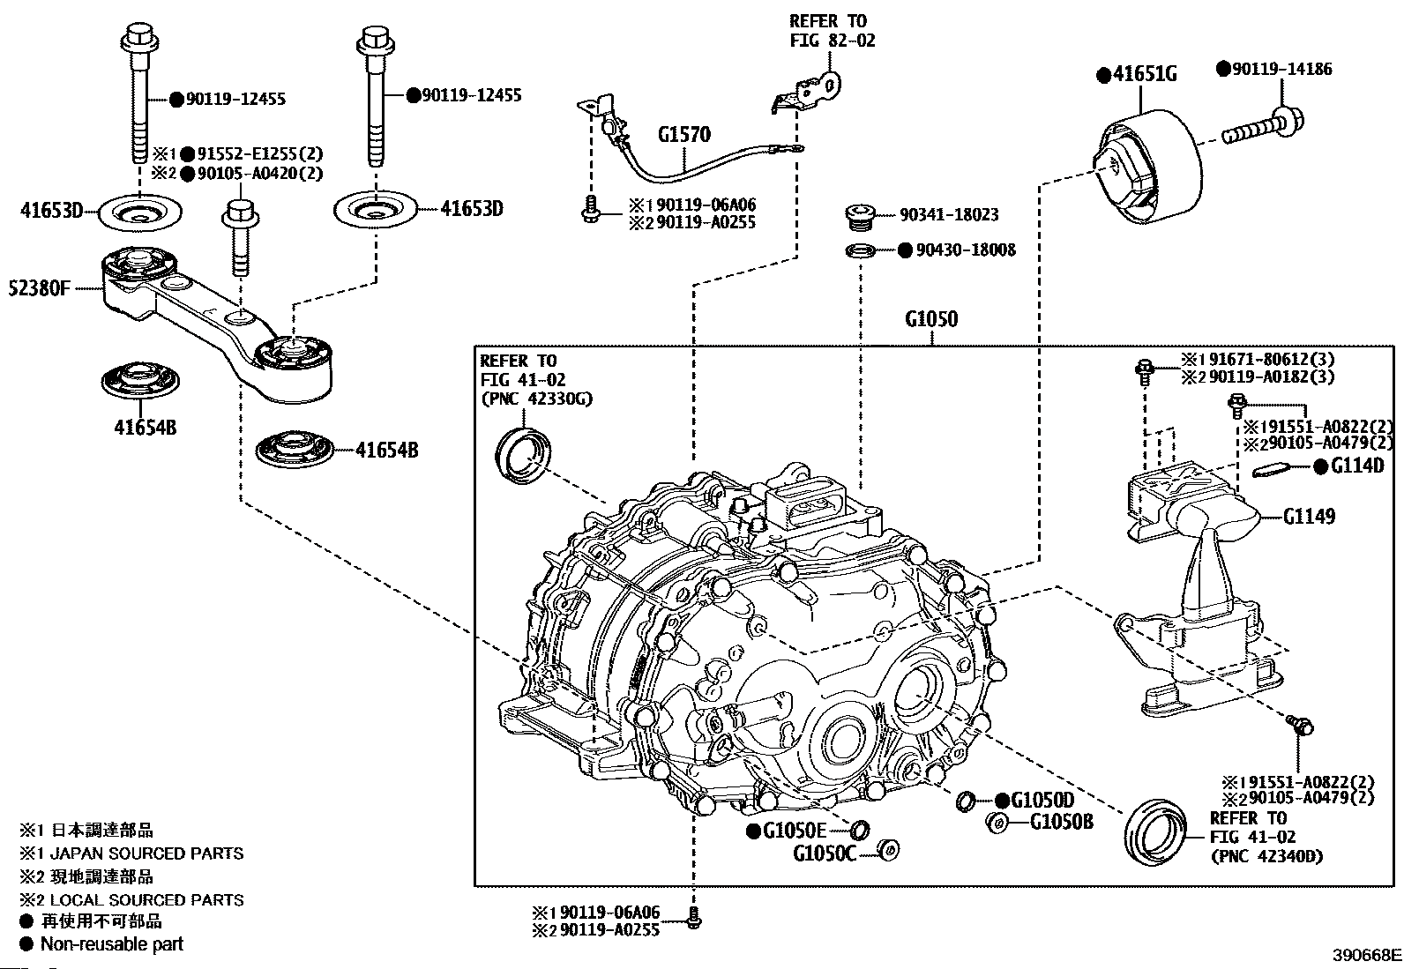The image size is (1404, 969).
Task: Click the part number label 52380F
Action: coord(39,288)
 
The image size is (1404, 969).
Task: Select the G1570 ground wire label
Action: coord(683,135)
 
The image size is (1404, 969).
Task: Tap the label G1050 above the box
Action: coord(930,319)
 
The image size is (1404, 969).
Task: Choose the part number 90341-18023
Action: coord(949,215)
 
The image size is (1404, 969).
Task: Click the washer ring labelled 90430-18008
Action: coord(860,251)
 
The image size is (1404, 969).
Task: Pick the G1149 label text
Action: coord(1309,516)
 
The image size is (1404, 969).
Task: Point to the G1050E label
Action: coord(794,830)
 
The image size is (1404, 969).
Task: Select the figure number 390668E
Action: coord(1365,955)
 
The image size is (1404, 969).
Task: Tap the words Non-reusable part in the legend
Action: coord(112,944)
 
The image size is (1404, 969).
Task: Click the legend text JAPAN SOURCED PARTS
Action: coord(146,853)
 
